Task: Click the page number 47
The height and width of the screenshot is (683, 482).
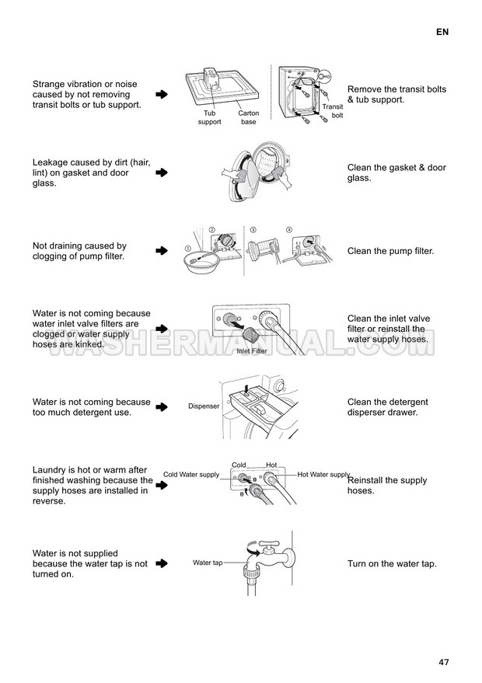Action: pyautogui.click(x=443, y=662)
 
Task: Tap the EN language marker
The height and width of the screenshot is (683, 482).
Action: pyautogui.click(x=442, y=32)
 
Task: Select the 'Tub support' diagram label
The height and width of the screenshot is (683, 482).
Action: pyautogui.click(x=210, y=117)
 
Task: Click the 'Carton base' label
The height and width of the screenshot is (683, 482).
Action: pyautogui.click(x=249, y=117)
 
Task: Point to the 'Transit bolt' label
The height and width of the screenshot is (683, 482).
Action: pyautogui.click(x=333, y=111)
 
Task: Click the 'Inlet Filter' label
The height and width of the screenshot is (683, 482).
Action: pyautogui.click(x=252, y=351)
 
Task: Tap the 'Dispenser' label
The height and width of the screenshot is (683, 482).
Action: pyautogui.click(x=204, y=406)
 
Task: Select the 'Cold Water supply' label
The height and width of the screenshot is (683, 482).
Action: pyautogui.click(x=191, y=474)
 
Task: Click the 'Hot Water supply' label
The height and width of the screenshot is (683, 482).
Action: pyautogui.click(x=324, y=474)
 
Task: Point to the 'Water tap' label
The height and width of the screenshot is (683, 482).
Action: pyautogui.click(x=208, y=563)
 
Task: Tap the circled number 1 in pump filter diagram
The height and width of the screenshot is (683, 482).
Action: pyautogui.click(x=188, y=249)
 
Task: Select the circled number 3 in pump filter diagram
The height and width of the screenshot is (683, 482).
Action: pyautogui.click(x=253, y=230)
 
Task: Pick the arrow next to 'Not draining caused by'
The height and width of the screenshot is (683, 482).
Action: pyautogui.click(x=162, y=250)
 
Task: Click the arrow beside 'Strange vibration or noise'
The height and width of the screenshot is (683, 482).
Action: pyautogui.click(x=162, y=94)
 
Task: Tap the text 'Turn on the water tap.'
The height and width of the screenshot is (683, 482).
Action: pyautogui.click(x=392, y=563)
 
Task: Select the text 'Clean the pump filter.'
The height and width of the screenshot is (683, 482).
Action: pyautogui.click(x=390, y=251)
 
